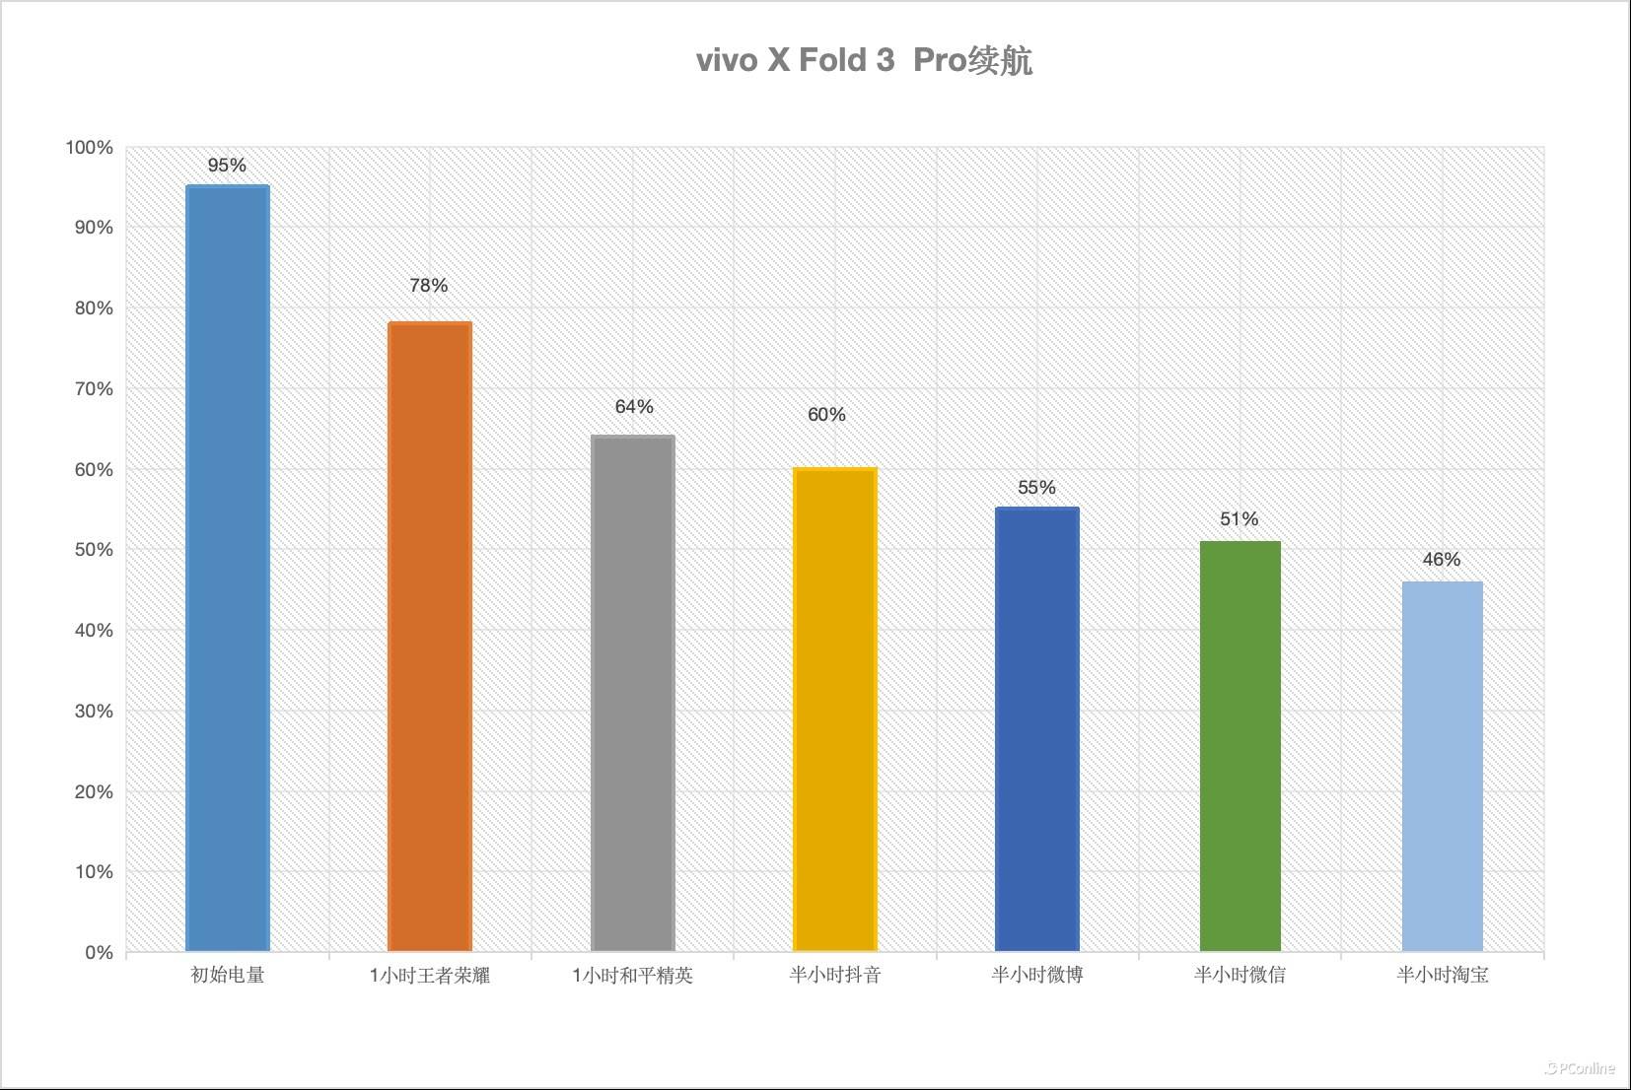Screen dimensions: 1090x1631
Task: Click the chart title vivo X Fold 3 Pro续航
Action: coord(864,60)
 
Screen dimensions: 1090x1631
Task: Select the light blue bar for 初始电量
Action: coord(228,568)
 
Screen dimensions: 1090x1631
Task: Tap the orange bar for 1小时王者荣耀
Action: coord(430,636)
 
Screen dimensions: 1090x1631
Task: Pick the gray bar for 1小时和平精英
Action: coord(632,693)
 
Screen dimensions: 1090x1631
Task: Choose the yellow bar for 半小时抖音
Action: coord(834,710)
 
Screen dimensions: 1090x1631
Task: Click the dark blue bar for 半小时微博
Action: coord(1036,729)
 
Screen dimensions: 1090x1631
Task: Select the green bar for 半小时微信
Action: coord(1240,746)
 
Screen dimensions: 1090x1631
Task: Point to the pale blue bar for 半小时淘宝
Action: coord(1442,766)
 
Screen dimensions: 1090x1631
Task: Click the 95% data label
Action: coord(227,166)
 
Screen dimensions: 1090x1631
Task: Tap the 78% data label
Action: coord(429,286)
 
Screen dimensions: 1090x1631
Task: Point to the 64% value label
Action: coord(634,407)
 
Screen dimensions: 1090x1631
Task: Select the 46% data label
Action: coord(1441,560)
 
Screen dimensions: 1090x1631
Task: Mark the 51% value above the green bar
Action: coord(1239,519)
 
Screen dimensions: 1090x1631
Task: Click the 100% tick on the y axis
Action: coord(90,148)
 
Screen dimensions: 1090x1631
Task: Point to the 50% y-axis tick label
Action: coord(94,550)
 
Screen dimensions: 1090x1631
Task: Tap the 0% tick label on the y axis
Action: coord(99,953)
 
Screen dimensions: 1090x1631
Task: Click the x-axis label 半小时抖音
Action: coord(834,976)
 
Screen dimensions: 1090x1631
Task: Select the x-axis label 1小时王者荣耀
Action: coord(430,976)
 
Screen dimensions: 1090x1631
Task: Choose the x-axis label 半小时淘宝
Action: coord(1442,976)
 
